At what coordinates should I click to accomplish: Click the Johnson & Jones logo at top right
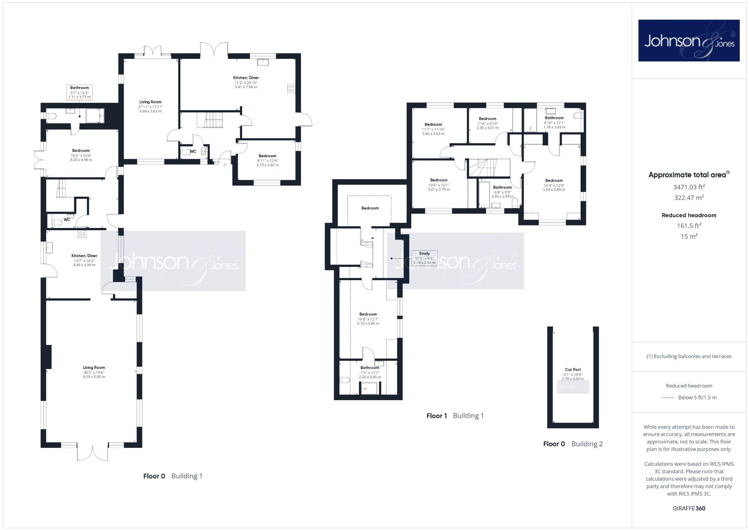(x=689, y=40)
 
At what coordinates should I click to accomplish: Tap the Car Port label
(x=572, y=374)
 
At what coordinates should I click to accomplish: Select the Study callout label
(x=424, y=258)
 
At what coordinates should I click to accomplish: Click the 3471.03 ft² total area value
(x=689, y=187)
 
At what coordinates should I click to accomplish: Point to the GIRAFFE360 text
(x=689, y=508)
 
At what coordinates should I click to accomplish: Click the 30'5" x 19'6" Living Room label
(x=94, y=372)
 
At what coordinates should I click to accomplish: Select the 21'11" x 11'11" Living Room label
(x=150, y=106)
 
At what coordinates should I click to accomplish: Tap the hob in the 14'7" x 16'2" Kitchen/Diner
(x=82, y=234)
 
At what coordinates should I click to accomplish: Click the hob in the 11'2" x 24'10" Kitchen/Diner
(x=292, y=88)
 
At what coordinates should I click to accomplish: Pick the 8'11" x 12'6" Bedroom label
(x=267, y=160)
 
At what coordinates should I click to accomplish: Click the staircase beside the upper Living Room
(x=214, y=120)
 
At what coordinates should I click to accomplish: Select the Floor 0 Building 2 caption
(x=572, y=444)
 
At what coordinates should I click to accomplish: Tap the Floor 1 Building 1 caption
(x=455, y=416)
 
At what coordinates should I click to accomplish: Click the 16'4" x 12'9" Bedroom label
(x=554, y=185)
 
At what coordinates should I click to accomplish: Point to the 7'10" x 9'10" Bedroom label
(x=487, y=123)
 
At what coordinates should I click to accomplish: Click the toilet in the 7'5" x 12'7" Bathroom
(x=345, y=380)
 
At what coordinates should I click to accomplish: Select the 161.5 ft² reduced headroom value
(x=689, y=225)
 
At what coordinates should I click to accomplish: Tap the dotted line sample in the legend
(x=668, y=397)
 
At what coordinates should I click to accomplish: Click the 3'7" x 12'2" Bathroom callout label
(x=80, y=92)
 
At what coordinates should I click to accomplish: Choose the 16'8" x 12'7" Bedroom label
(x=368, y=319)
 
